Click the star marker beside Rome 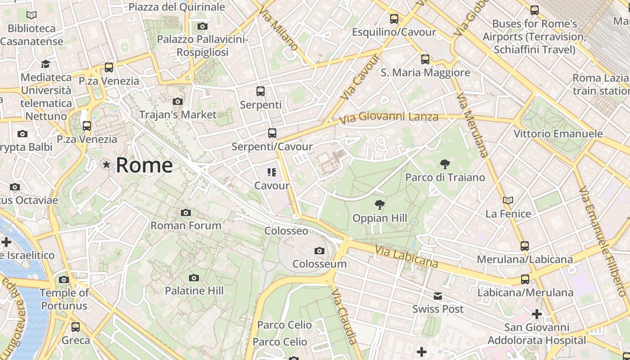click(x=107, y=165)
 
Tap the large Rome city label click(x=144, y=165)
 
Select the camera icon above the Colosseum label click(x=319, y=251)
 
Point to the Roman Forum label click(x=186, y=225)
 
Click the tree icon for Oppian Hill click(x=380, y=205)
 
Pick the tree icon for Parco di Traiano click(x=445, y=164)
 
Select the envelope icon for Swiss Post click(x=438, y=296)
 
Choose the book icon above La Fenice click(x=508, y=200)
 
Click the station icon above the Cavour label click(x=271, y=172)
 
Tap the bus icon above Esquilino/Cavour click(x=394, y=18)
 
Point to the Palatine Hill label click(x=194, y=291)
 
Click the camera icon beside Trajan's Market click(x=178, y=101)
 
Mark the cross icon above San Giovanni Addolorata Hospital click(x=537, y=314)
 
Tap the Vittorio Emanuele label click(x=558, y=134)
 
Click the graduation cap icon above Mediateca click(x=45, y=64)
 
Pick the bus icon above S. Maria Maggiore click(x=425, y=59)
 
